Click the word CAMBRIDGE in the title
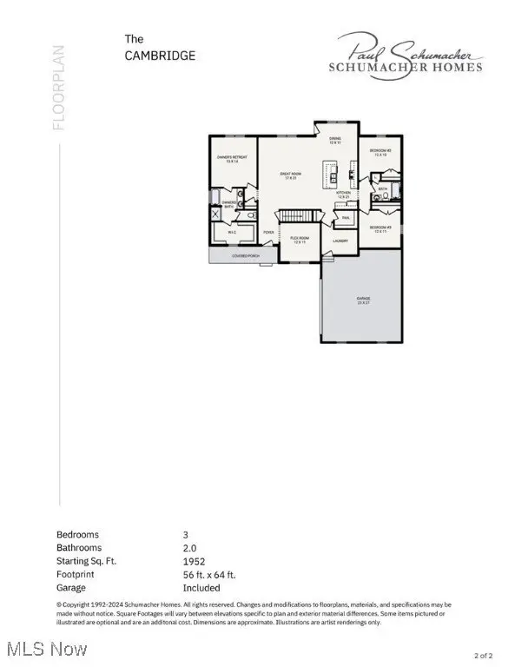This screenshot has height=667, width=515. pos(159,55)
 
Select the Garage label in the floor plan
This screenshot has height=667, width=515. pos(362,300)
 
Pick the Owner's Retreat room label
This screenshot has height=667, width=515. pos(232,159)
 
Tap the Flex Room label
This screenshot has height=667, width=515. pos(300,241)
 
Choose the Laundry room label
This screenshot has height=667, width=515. pos(340,241)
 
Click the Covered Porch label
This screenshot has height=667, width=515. pos(247,256)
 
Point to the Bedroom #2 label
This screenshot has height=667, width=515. pos(381,151)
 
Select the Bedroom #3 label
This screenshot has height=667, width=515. pos(381,228)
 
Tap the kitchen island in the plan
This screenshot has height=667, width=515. pos(331,174)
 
